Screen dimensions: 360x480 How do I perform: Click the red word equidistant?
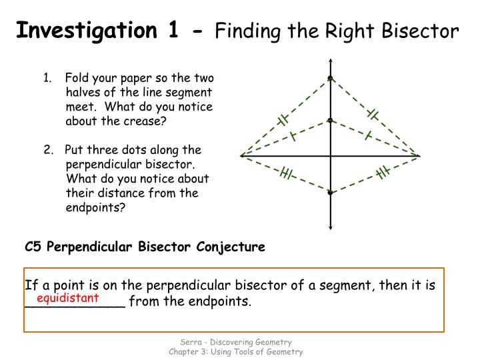tap(68, 298)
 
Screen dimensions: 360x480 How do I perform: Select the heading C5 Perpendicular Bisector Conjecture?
tap(145, 247)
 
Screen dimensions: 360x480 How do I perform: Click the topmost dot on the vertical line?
tap(330, 79)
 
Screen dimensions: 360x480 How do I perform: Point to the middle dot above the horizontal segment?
tap(330, 121)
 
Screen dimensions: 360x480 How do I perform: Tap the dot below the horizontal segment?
tap(330, 193)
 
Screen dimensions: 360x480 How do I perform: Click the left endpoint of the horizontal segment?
tap(241, 156)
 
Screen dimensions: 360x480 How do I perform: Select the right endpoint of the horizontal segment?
tap(419, 156)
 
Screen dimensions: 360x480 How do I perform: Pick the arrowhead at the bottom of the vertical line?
tap(330, 227)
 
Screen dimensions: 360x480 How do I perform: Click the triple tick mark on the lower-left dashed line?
tap(287, 174)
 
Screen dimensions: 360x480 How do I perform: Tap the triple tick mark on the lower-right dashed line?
tap(382, 173)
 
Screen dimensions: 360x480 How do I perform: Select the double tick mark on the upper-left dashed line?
tap(283, 120)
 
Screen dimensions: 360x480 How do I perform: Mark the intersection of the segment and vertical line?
tap(330, 156)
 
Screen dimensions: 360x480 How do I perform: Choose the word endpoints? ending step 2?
tap(95, 207)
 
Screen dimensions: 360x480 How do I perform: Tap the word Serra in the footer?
tap(185, 342)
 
